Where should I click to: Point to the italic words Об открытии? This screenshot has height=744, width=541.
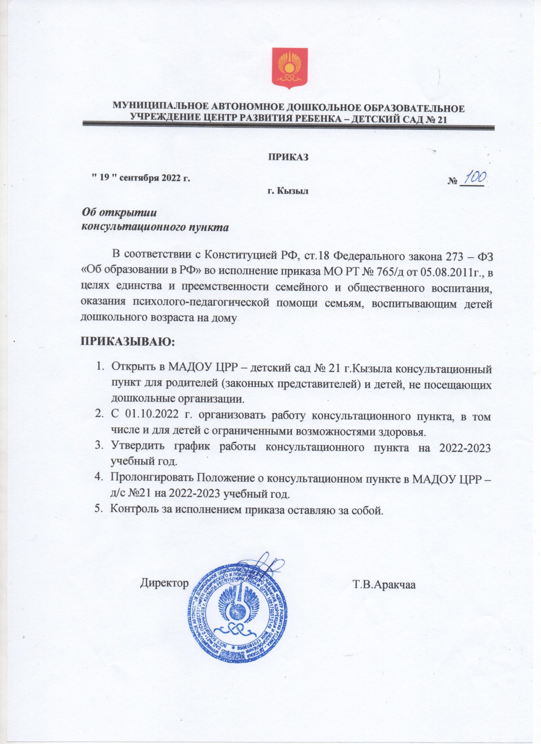click(120, 212)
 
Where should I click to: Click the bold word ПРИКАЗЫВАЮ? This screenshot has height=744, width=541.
click(128, 342)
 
